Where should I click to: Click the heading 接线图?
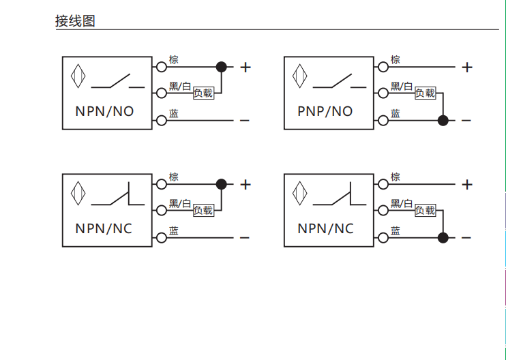click(75, 21)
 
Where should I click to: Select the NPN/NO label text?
click(104, 110)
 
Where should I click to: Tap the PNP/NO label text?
click(325, 110)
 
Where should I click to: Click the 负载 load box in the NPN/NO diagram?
click(203, 93)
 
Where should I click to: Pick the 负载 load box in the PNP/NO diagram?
click(425, 93)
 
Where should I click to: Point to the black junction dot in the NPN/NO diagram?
click(221, 67)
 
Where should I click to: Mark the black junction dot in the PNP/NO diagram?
click(443, 121)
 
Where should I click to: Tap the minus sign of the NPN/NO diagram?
click(245, 121)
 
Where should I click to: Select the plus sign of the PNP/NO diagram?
click(467, 67)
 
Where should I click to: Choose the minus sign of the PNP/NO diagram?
click(466, 121)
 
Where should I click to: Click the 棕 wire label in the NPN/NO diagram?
click(174, 60)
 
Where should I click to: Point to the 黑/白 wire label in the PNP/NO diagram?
click(402, 87)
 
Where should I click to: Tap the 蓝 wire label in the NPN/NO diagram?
click(174, 114)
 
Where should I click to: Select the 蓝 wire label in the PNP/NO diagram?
click(396, 114)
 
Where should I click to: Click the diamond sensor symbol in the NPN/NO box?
click(79, 75)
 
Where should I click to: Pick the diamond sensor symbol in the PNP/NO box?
click(301, 75)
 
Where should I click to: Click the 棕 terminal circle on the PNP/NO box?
click(383, 67)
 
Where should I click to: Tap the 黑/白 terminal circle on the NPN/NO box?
click(162, 93)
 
